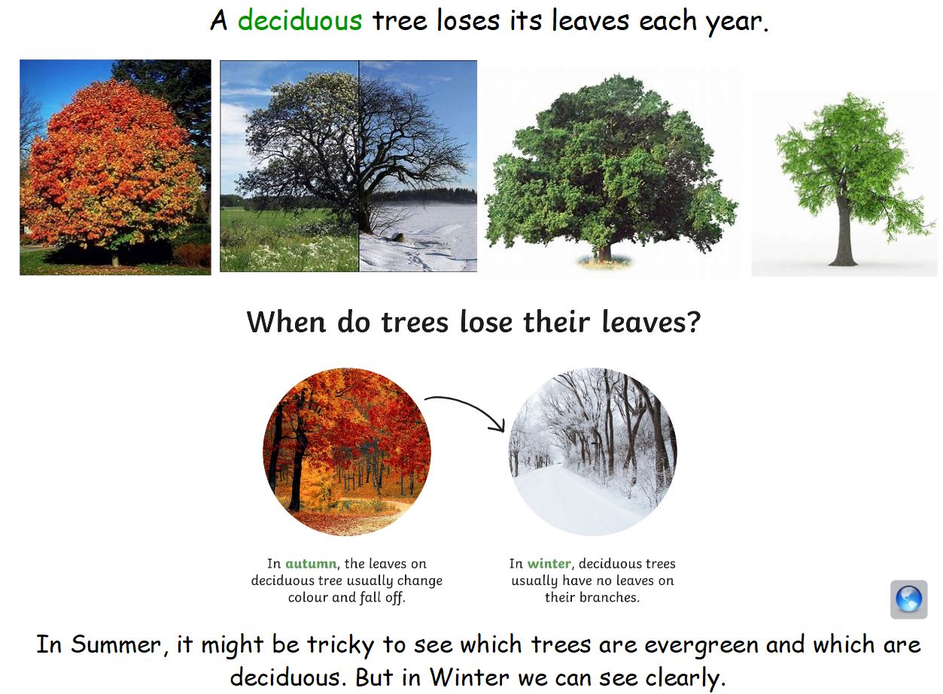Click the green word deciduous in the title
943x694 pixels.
[300, 21]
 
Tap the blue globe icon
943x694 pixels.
[908, 599]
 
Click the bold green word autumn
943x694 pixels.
[310, 564]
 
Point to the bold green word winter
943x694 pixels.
[549, 564]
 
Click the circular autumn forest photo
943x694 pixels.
[347, 451]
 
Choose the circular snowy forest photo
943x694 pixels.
[593, 451]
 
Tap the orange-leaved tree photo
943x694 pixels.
[115, 167]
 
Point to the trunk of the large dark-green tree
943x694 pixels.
[604, 250]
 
